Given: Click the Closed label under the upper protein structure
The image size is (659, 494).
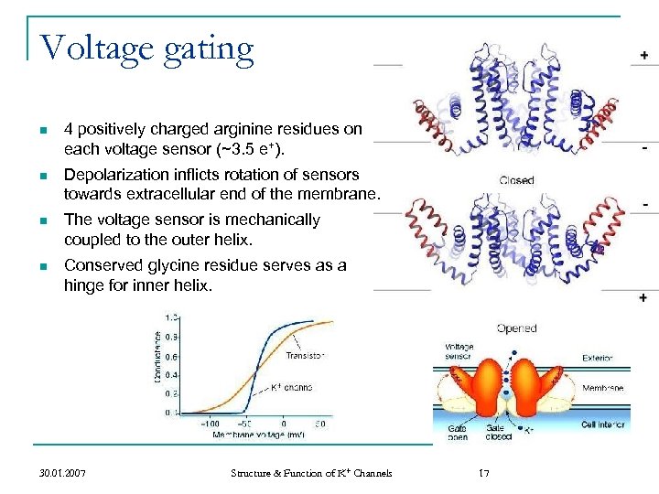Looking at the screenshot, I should pyautogui.click(x=516, y=180).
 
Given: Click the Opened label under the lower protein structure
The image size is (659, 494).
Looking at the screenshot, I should pyautogui.click(x=516, y=328).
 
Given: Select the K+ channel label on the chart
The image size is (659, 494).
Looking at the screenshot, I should pyautogui.click(x=292, y=387).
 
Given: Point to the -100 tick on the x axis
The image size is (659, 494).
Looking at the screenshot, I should pyautogui.click(x=211, y=424).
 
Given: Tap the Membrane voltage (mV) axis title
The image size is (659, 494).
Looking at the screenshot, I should pyautogui.click(x=257, y=435).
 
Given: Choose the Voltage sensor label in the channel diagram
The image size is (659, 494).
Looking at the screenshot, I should pyautogui.click(x=459, y=351).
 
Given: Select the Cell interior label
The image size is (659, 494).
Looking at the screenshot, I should pyautogui.click(x=602, y=425).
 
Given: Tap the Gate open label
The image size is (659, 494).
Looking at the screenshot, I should pyautogui.click(x=457, y=433).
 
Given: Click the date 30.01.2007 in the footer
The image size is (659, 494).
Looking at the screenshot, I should pyautogui.click(x=64, y=473).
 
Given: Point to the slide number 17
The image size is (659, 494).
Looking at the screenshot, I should pyautogui.click(x=484, y=473).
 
